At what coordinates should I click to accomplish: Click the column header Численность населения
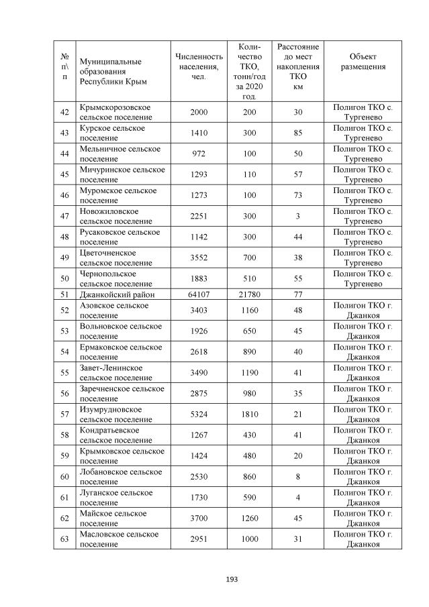(199, 67)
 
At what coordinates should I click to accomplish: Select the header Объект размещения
(363, 62)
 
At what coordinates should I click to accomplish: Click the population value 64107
(199, 294)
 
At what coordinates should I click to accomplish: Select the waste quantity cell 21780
(250, 294)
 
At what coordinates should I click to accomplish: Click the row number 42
(64, 112)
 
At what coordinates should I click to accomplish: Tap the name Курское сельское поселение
(112, 133)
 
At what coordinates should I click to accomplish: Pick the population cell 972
(199, 154)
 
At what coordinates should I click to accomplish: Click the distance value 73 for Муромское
(298, 195)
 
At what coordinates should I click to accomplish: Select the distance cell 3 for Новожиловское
(298, 216)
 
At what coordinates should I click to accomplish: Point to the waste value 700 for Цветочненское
(250, 258)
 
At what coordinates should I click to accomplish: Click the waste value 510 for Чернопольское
(250, 278)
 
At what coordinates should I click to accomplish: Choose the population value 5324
(199, 415)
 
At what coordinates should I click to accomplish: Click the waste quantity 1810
(250, 415)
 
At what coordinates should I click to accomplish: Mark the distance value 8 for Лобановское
(298, 477)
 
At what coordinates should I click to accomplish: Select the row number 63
(64, 539)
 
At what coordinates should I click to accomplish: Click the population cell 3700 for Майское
(199, 518)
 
